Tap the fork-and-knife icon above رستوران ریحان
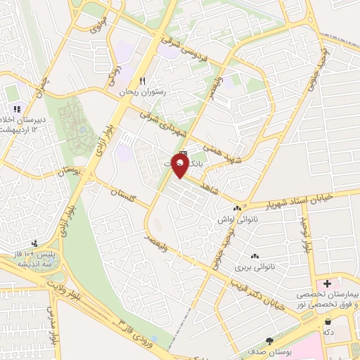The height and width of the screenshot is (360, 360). click(x=143, y=81)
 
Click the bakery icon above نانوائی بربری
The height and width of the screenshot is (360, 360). click(x=254, y=257)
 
